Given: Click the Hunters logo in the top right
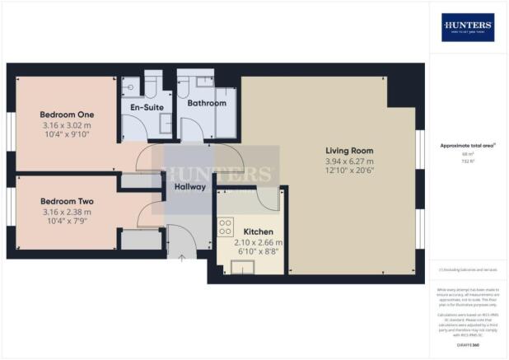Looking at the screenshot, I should tap(467, 27).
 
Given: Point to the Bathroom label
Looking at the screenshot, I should tap(206, 104).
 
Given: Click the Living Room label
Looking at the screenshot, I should tap(349, 151).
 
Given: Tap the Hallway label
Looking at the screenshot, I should tap(189, 187).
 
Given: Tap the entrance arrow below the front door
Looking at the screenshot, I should tap(181, 258).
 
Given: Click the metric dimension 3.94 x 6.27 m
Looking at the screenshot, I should tap(349, 161).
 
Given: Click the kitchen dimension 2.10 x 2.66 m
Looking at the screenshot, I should tap(259, 242).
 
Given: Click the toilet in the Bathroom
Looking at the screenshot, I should tap(187, 86).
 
